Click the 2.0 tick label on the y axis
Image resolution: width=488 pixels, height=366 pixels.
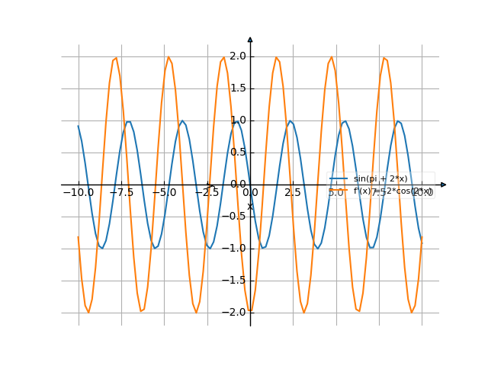pos(237,56)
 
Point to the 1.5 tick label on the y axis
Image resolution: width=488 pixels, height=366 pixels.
pos(237,88)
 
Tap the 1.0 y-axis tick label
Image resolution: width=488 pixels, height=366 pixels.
pos(237,120)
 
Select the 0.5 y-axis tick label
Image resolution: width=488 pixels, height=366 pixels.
pos(237,152)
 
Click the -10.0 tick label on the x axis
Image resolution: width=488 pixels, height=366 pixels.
pos(78,193)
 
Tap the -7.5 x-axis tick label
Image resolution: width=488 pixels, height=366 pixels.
pos(121,193)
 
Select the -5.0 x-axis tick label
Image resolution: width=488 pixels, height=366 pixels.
pos(164,193)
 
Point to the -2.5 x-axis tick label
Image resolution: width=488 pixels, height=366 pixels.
pos(207,193)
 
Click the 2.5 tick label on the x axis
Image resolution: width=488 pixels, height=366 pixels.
pos(293,193)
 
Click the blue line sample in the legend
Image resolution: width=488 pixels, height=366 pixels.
pos(339,178)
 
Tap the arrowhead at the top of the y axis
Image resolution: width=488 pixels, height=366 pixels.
pos(250,39)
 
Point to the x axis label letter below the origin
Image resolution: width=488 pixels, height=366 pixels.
pos(249,206)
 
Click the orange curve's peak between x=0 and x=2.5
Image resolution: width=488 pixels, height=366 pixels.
pos(277,59)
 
